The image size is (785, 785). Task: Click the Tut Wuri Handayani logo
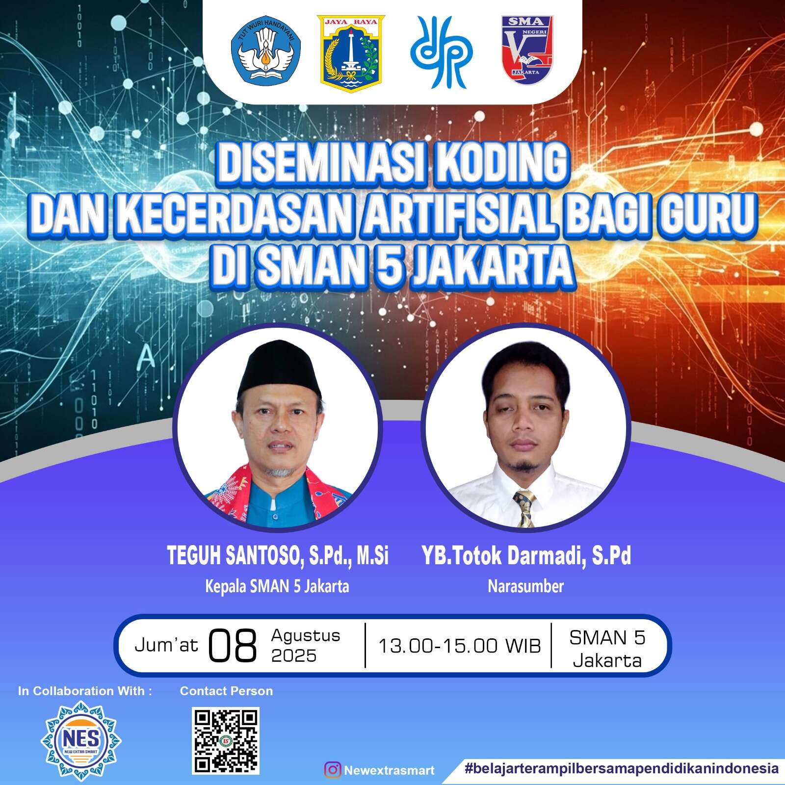[266, 51]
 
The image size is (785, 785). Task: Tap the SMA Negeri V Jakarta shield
[527, 50]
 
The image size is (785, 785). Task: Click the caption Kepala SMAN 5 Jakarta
[277, 586]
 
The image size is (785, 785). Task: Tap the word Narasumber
[526, 586]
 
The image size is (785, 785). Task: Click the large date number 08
[233, 646]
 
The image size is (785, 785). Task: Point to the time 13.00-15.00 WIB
[459, 646]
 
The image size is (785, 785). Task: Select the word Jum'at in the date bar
[166, 645]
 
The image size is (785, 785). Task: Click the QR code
[226, 740]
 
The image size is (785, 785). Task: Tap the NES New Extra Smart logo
[81, 740]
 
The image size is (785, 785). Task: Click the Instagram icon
[332, 769]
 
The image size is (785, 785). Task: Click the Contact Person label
[226, 691]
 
